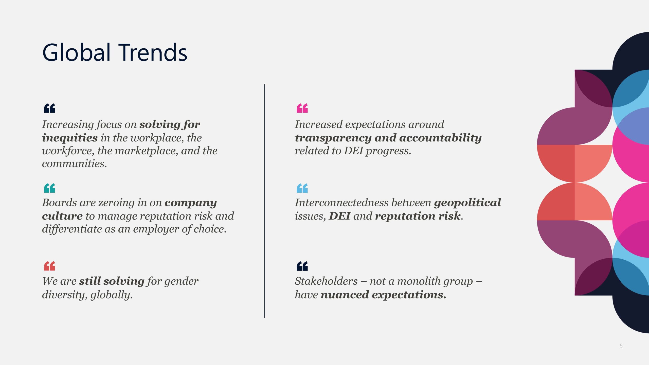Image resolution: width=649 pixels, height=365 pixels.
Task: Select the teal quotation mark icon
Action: click(49, 188)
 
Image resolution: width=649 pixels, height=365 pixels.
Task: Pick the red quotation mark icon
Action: click(49, 266)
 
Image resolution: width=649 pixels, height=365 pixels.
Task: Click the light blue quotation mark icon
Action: click(302, 188)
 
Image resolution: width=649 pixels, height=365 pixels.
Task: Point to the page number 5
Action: click(621, 346)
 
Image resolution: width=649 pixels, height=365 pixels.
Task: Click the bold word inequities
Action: click(70, 138)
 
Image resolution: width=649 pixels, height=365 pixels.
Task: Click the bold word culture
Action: click(62, 216)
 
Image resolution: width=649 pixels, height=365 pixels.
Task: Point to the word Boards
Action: click(59, 203)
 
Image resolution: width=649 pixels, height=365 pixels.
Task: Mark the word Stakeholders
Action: click(326, 281)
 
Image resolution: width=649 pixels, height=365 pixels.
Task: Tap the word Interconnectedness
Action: click(341, 203)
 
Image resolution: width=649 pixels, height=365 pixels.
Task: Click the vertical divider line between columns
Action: click(264, 201)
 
